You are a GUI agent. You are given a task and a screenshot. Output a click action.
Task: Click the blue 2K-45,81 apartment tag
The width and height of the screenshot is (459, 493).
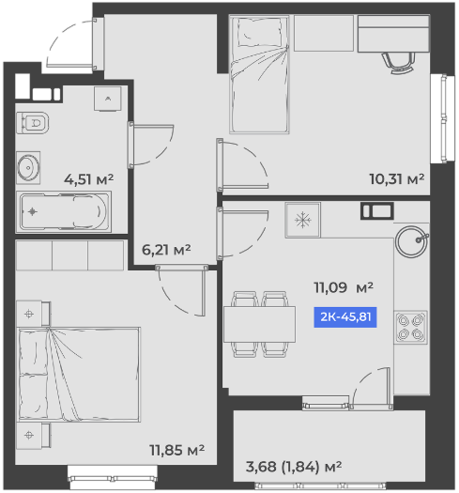(345, 317)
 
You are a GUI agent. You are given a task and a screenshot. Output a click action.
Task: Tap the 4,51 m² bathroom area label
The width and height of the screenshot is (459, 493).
(88, 179)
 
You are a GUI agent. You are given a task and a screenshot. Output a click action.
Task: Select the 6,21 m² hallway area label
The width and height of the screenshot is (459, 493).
(166, 250)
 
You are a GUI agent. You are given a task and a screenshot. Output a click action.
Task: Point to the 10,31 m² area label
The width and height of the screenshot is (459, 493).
(397, 179)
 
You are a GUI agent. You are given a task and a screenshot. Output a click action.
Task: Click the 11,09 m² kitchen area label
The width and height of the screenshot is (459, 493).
(344, 287)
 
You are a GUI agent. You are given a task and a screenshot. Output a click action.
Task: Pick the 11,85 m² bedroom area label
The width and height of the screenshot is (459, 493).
(177, 450)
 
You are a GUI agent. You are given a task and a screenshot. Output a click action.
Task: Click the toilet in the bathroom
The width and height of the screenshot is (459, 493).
(33, 123)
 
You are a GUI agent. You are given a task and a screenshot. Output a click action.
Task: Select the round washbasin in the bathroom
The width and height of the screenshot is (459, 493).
(28, 167)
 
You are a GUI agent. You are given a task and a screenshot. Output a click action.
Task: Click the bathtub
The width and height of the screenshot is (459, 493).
(64, 211)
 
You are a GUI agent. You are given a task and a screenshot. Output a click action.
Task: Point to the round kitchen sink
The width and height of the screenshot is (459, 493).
(411, 240)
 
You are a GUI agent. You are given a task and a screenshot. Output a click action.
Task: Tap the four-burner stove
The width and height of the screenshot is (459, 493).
(410, 328)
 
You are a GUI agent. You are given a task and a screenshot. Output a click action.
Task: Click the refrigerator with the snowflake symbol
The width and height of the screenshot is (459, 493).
(303, 220)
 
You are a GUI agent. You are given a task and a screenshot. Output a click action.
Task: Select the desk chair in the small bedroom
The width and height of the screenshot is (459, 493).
(398, 63)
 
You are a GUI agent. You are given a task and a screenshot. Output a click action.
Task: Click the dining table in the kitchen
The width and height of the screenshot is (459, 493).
(259, 324)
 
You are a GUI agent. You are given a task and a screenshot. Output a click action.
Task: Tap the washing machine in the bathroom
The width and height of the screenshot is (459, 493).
(108, 99)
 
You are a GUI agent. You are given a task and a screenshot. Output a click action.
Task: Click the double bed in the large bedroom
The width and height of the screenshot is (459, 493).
(79, 374)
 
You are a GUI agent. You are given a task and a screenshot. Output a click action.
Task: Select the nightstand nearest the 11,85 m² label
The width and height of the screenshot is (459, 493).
(33, 436)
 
